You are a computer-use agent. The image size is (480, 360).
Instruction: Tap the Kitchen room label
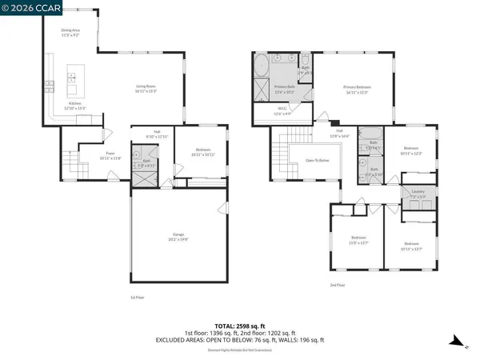[74, 104]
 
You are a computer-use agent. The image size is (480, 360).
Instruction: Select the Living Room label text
[146, 87]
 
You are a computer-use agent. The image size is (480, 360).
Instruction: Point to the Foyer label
[110, 156]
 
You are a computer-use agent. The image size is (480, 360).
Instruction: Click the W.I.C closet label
[283, 112]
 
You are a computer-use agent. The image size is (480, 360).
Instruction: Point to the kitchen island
[72, 78]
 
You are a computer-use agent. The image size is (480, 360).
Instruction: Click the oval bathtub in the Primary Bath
[262, 68]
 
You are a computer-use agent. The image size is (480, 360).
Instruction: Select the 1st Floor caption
[138, 298]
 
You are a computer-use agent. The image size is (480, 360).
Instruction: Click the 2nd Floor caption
[337, 285]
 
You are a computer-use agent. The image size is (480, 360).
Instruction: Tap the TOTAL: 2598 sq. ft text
[239, 326]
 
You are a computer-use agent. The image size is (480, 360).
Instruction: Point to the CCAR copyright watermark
[26, 10]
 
